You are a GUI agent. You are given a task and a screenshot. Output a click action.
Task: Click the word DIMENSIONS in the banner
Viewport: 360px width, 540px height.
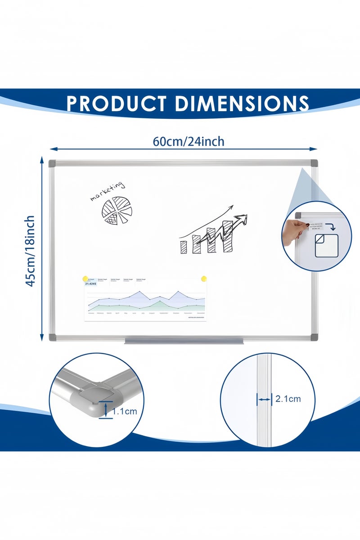pyautogui.click(x=242, y=103)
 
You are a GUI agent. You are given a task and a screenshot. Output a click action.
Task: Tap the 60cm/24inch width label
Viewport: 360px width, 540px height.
pyautogui.click(x=189, y=141)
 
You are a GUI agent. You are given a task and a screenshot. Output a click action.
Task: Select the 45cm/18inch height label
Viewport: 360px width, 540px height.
pyautogui.click(x=30, y=251)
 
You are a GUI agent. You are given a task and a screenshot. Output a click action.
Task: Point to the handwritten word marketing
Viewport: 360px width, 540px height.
pyautogui.click(x=107, y=191)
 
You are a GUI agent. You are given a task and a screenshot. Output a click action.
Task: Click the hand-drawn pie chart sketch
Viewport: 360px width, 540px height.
pyautogui.click(x=117, y=211)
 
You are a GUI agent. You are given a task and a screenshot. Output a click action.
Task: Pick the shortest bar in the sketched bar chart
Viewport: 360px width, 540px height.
pyautogui.click(x=184, y=247)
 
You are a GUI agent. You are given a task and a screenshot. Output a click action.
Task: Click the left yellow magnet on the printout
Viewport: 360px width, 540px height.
pyautogui.click(x=85, y=279)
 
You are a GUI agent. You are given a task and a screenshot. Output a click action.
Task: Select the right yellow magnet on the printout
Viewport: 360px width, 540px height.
pyautogui.click(x=204, y=279)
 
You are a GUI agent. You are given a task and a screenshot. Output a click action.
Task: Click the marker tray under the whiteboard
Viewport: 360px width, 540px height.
pyautogui.click(x=184, y=341)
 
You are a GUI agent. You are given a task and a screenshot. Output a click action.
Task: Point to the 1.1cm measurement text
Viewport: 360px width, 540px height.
pyautogui.click(x=125, y=411)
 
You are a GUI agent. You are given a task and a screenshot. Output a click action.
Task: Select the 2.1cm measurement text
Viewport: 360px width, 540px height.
pyautogui.click(x=288, y=398)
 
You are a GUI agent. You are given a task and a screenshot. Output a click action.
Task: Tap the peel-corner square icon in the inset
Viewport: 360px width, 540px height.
pyautogui.click(x=326, y=245)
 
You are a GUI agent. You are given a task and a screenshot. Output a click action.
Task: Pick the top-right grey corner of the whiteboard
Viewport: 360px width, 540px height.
pyautogui.click(x=313, y=163)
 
